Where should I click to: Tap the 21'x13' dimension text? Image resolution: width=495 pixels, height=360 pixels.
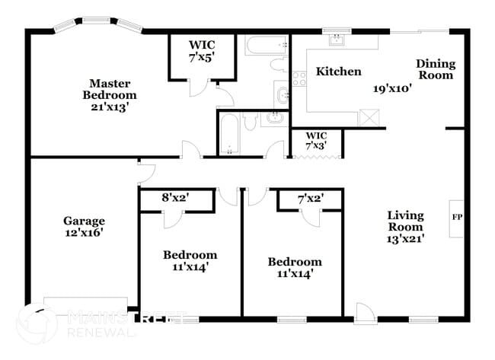[x=110, y=107]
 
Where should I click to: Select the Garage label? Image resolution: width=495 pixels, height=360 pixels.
[x=84, y=221]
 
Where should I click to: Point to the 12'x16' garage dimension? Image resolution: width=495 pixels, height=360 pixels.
[x=84, y=234]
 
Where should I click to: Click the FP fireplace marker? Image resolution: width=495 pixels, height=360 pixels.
[x=457, y=218]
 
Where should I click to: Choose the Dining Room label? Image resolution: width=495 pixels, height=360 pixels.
[x=436, y=69]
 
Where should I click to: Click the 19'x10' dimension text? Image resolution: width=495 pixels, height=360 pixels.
[x=392, y=88]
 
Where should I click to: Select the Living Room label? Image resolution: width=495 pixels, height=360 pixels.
[x=404, y=221]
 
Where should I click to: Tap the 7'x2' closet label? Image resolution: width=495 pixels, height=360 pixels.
[x=310, y=198]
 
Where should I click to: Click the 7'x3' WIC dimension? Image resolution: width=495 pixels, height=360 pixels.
[x=315, y=145]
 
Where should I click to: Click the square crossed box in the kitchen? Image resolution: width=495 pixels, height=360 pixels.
[x=369, y=118]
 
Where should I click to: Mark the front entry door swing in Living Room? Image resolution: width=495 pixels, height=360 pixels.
[x=365, y=311]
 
